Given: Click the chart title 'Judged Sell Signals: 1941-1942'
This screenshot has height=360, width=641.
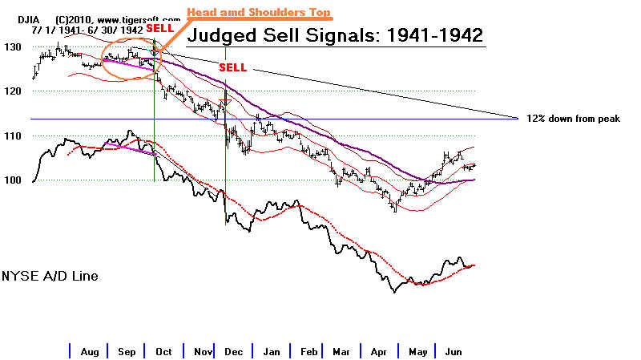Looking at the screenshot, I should click(334, 35).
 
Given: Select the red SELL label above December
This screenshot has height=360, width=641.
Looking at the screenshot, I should click(232, 67).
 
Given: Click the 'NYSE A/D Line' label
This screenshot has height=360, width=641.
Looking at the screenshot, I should click(50, 276).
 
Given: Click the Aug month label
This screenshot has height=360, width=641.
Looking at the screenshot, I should click(89, 351).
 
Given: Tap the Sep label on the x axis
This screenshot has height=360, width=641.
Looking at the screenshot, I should click(127, 351).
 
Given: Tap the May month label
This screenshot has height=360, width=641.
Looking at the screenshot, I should click(417, 351).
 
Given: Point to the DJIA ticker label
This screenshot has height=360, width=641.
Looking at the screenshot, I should click(17, 17).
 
